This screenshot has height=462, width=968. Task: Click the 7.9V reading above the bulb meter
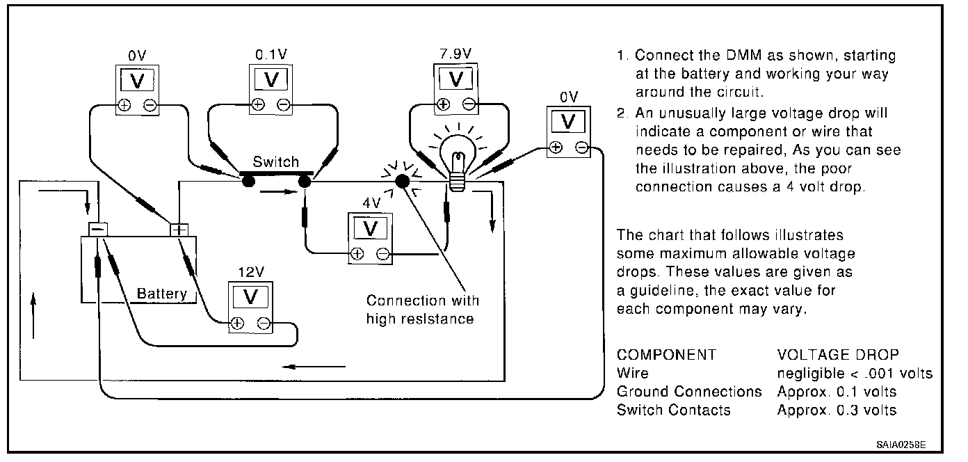pyautogui.click(x=455, y=54)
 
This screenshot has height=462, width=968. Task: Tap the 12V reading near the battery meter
pyautogui.click(x=251, y=272)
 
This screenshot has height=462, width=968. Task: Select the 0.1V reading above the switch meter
pyautogui.click(x=271, y=54)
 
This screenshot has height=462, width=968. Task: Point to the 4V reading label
pyautogui.click(x=371, y=202)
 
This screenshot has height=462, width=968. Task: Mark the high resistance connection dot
pyautogui.click(x=403, y=181)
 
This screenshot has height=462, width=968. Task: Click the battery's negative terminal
pyautogui.click(x=98, y=229)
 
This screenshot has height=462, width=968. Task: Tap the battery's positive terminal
pyautogui.click(x=179, y=230)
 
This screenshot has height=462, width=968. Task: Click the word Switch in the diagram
pyautogui.click(x=275, y=161)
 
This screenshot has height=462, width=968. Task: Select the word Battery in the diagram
pyautogui.click(x=162, y=294)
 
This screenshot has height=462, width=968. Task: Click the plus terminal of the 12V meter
pyautogui.click(x=237, y=324)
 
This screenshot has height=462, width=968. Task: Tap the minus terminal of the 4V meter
pyautogui.click(x=383, y=254)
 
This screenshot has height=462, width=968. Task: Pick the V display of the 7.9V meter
pyautogui.click(x=456, y=79)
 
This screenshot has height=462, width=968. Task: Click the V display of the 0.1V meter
pyautogui.click(x=271, y=79)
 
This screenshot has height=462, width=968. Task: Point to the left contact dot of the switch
pyautogui.click(x=248, y=181)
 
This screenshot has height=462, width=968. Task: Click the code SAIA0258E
pyautogui.click(x=901, y=445)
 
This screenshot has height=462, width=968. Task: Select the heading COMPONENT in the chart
pyautogui.click(x=666, y=355)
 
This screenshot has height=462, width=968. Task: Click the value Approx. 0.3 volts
pyautogui.click(x=837, y=410)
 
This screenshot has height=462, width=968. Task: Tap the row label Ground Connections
pyautogui.click(x=689, y=391)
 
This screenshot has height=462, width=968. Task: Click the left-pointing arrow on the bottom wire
pyautogui.click(x=314, y=367)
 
